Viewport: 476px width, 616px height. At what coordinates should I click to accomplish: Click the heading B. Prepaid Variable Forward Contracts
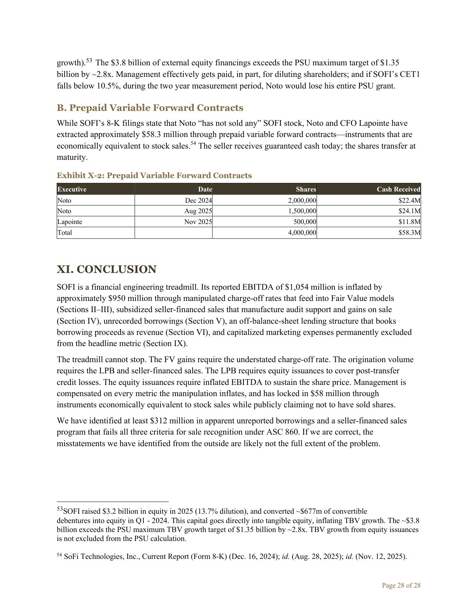pos(150,108)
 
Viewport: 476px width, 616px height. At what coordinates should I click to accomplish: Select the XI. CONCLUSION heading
pos(106,269)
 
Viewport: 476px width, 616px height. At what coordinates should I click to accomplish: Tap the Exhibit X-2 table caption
pos(154,175)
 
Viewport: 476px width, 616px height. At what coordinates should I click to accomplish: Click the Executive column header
pos(72,189)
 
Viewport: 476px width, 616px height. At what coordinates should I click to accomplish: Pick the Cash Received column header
pos(398,189)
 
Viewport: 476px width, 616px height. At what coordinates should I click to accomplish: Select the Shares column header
pos(306,189)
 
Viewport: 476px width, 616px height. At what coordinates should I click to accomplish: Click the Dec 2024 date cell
pos(198,200)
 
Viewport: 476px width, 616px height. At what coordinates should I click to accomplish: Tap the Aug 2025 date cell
pos(198,211)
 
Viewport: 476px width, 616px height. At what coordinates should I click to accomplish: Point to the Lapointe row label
pos(70,222)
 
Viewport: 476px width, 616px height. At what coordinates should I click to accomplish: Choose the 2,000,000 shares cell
pos(302,200)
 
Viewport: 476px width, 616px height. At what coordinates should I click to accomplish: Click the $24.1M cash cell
pos(410,211)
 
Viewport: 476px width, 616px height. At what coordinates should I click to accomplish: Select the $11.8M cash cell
pos(410,222)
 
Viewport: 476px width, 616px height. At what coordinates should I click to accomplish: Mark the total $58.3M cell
pos(410,233)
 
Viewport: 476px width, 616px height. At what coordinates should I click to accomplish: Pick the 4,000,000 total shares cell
pos(302,233)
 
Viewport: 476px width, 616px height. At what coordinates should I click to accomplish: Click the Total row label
pos(65,233)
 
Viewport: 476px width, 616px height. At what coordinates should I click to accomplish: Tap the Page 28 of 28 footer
pos(401,585)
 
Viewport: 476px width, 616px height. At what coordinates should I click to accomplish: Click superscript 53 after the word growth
pos(89,60)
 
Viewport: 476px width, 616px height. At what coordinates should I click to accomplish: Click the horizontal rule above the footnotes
pos(113,502)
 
